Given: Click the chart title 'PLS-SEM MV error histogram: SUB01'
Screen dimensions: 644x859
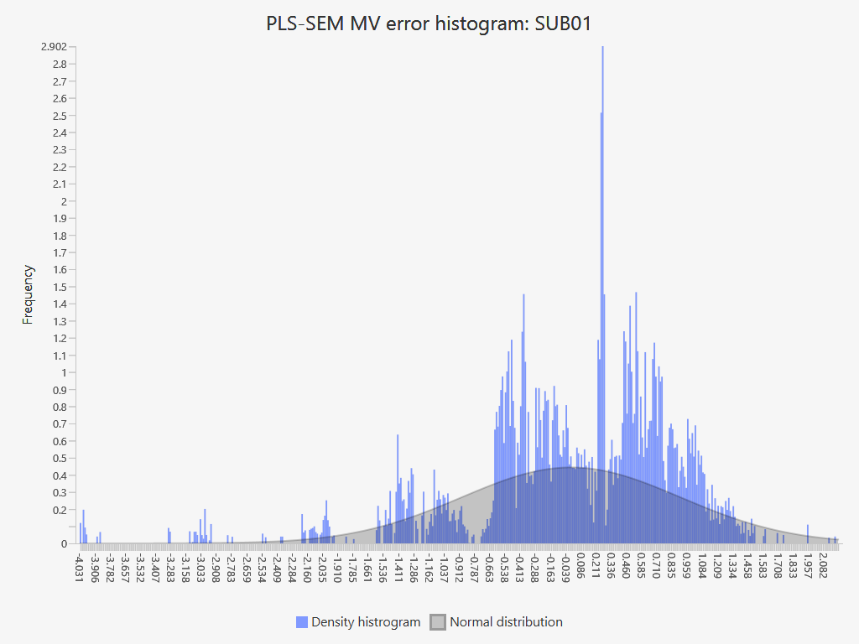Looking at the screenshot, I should point(429,23).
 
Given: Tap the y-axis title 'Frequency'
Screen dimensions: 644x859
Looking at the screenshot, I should point(28,294).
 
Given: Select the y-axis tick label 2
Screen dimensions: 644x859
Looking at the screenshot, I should point(63,201).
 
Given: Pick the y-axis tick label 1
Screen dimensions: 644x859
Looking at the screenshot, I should point(63,373).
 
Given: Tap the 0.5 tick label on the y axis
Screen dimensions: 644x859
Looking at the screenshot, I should point(59,459).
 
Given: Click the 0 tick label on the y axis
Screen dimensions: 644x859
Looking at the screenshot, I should point(63,544).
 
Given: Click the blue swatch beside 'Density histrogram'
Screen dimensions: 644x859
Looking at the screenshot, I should point(302,622).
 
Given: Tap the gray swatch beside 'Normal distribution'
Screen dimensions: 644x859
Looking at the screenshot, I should point(438,622).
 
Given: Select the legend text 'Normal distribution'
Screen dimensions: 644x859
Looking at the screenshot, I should point(506,622).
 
